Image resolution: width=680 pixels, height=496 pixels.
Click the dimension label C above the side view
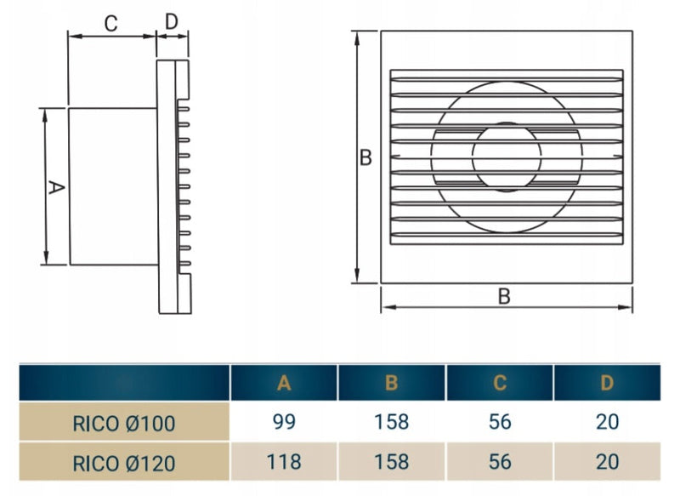[110, 24]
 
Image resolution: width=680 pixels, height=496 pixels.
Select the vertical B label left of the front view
[365, 158]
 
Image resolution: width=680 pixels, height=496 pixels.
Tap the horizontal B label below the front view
[504, 296]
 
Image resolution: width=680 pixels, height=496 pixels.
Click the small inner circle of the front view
[507, 158]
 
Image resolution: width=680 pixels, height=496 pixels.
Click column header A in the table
[284, 383]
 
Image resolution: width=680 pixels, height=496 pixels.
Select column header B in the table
[391, 383]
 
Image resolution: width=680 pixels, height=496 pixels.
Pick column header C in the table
[500, 383]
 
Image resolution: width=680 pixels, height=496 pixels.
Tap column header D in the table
[607, 383]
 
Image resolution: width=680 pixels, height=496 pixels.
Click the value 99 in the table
[284, 422]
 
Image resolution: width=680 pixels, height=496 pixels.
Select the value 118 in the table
[284, 462]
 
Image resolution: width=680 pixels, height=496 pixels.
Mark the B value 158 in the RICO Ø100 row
[391, 422]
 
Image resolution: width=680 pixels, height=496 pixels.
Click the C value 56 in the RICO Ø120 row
[500, 462]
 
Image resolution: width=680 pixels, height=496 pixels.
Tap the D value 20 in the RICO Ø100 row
[607, 422]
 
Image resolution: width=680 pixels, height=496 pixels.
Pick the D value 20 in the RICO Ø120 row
[607, 462]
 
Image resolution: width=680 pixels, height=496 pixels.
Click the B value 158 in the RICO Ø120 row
[391, 462]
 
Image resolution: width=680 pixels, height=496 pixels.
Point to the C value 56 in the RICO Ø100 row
[500, 422]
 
